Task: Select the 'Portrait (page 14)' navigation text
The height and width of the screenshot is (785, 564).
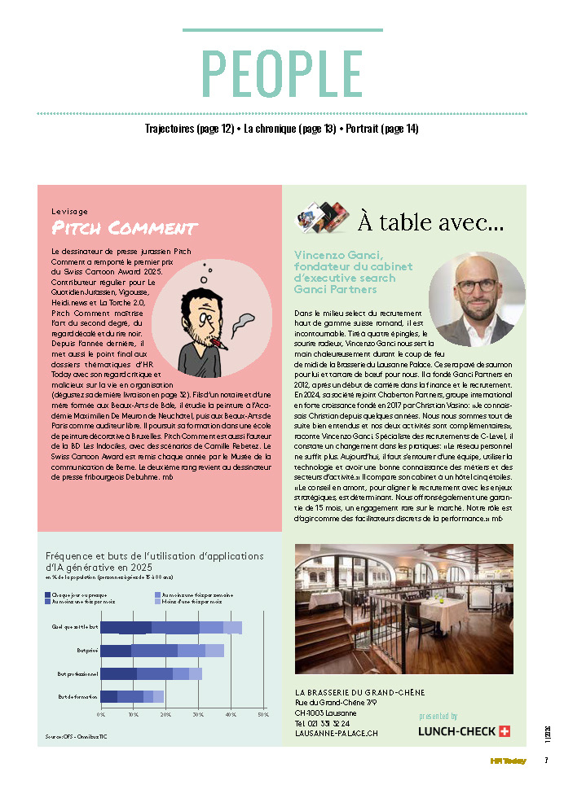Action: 382,129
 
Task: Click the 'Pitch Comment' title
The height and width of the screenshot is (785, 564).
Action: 124,227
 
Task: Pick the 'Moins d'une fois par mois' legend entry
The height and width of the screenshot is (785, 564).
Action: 190,602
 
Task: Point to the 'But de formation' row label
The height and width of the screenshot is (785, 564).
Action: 77,697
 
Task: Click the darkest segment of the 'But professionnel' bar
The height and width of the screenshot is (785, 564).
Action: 119,674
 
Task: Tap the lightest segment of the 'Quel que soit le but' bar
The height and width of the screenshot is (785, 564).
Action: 232,627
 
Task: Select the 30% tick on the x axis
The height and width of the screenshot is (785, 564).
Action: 198,714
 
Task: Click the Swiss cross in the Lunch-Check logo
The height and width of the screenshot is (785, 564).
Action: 504,731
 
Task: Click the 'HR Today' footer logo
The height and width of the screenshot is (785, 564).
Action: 508,761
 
